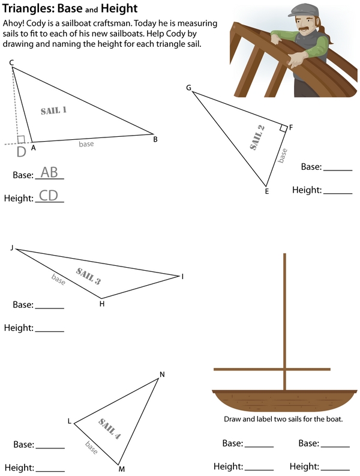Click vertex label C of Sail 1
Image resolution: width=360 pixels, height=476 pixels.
click(x=11, y=62)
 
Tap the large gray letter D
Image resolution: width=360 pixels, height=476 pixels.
click(x=21, y=152)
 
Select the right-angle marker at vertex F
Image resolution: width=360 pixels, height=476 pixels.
click(x=283, y=128)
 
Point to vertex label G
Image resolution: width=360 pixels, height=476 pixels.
click(x=188, y=88)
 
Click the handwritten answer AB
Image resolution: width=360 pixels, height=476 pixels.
click(x=49, y=172)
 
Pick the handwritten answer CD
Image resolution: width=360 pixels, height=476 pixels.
click(x=49, y=196)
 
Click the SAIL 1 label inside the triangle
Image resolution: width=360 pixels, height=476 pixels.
click(x=54, y=110)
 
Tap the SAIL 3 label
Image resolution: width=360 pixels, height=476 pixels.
click(x=88, y=276)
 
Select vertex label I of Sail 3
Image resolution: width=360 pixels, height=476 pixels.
click(x=183, y=277)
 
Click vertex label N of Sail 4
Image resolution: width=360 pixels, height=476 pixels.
click(x=162, y=375)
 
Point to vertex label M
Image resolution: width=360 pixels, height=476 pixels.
click(x=122, y=469)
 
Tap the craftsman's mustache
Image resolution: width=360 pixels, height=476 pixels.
click(x=305, y=29)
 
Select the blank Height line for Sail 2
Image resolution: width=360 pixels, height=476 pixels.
click(x=338, y=193)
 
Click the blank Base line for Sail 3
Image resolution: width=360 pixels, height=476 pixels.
click(x=50, y=308)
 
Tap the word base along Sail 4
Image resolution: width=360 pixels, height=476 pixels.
click(x=92, y=447)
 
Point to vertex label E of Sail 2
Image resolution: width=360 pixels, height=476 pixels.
click(x=267, y=191)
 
